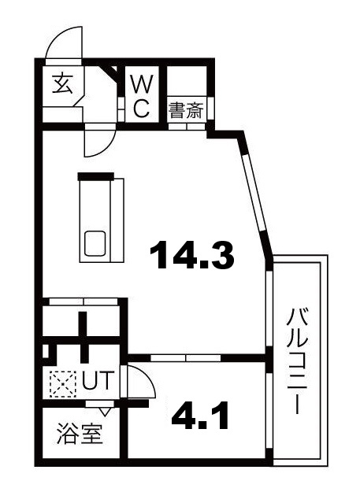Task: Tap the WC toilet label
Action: point(140,95)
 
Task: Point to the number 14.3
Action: point(193,255)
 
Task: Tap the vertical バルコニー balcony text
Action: point(297,362)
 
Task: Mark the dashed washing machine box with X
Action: point(61,383)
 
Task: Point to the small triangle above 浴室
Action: point(103,411)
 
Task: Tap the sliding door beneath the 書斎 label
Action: point(188,124)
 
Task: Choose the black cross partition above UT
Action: point(83,334)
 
